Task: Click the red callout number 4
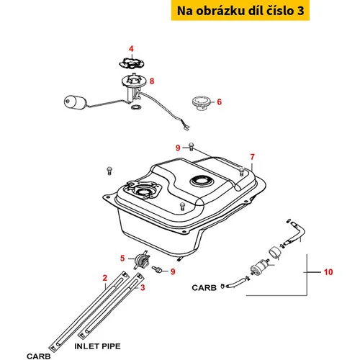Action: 131,49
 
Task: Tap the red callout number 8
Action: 152,81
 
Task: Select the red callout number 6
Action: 219,102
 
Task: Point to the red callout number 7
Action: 252,157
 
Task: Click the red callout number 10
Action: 328,272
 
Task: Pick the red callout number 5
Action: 122,258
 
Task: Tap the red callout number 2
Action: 105,278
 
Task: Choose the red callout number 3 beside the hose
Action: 143,287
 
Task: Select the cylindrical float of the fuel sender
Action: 75,103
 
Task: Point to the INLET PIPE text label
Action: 97,346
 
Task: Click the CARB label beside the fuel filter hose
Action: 204,287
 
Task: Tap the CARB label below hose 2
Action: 39,356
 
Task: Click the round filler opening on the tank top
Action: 202,181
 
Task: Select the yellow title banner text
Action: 240,11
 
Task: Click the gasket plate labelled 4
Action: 132,63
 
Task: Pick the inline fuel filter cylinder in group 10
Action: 259,266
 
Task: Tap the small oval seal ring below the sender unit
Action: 136,107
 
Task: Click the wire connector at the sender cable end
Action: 186,127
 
